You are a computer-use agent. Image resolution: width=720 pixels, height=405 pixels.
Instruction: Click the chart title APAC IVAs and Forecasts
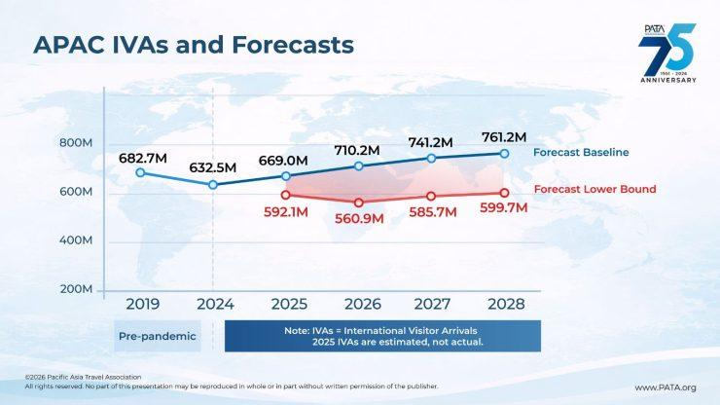(x=193, y=45)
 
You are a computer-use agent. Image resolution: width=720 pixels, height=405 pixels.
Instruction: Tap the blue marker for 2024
(x=214, y=184)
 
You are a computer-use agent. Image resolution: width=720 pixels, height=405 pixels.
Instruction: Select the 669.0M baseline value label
(x=283, y=160)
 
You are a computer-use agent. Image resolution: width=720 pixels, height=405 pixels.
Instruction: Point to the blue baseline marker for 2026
(x=359, y=166)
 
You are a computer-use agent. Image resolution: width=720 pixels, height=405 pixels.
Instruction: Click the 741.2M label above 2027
(x=431, y=142)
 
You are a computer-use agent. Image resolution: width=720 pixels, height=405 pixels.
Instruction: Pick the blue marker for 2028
(x=504, y=154)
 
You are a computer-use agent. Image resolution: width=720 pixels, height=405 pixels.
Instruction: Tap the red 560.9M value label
(x=359, y=219)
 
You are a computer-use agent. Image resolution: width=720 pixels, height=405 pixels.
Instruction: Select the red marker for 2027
(x=431, y=196)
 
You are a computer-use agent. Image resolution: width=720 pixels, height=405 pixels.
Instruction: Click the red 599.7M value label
(x=504, y=208)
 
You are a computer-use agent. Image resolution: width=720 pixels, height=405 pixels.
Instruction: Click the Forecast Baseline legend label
(x=582, y=153)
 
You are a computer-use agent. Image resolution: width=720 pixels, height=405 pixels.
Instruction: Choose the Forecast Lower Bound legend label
(x=595, y=189)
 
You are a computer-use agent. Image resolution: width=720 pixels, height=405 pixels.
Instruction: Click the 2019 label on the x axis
(x=141, y=304)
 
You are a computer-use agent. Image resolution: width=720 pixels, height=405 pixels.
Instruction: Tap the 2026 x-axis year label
(x=359, y=304)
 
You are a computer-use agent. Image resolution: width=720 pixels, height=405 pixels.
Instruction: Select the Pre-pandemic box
(x=156, y=336)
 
